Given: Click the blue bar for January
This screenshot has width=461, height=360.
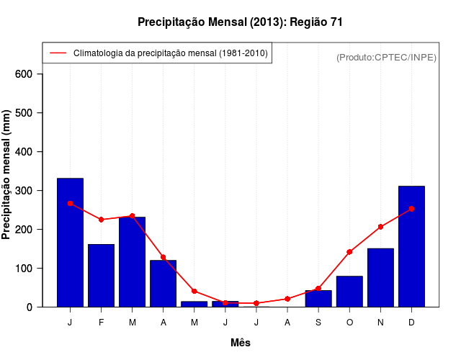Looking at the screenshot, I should click(x=70, y=242).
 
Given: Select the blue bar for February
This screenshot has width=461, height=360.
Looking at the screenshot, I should click(x=101, y=275).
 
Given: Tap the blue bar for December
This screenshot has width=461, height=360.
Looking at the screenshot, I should click(x=411, y=246).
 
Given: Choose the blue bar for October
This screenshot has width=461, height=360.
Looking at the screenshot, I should click(x=349, y=291).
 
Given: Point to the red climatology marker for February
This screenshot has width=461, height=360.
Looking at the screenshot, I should click(x=101, y=220).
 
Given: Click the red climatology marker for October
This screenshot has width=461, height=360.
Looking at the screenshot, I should click(x=349, y=252).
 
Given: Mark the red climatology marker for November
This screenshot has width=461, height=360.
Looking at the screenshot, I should click(x=380, y=227).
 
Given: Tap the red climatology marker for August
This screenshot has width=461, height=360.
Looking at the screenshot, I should click(x=287, y=299).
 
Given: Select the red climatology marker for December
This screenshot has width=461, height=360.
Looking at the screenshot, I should click(x=411, y=209).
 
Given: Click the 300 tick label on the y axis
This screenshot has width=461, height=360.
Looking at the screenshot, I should click(x=30, y=191).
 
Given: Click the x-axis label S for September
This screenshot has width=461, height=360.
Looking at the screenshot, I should click(x=318, y=323).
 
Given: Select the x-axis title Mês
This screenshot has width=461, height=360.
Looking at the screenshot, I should click(x=241, y=343).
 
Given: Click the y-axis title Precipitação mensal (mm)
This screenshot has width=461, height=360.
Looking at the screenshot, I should click(x=8, y=174).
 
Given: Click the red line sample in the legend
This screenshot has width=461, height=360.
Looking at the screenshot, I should click(x=58, y=53).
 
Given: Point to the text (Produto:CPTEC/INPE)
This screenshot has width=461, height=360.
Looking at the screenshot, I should click(x=387, y=57).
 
